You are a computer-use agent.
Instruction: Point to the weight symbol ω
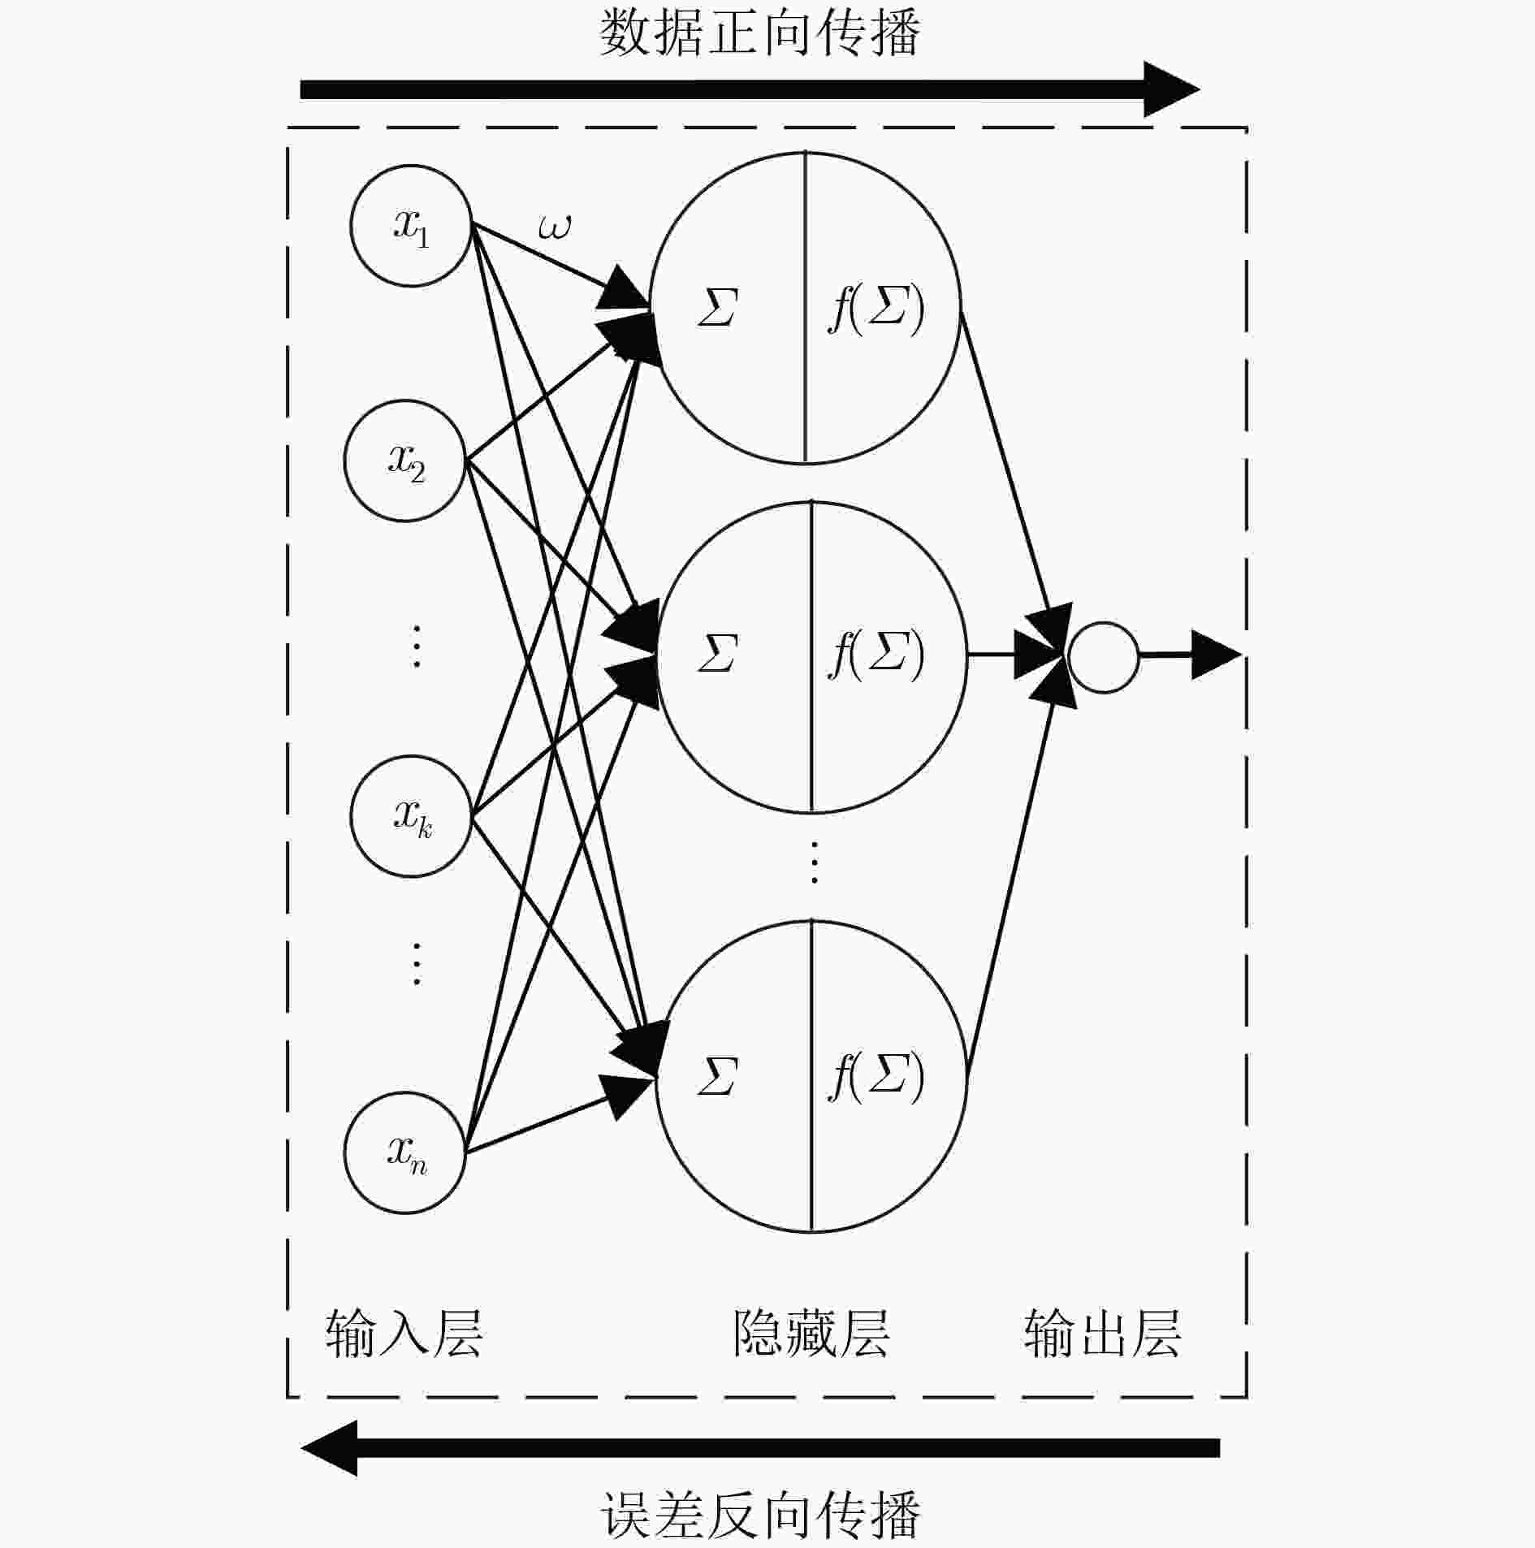tap(555, 227)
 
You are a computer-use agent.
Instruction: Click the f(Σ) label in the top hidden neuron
tap(876, 309)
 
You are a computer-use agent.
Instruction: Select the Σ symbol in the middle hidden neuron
tap(717, 654)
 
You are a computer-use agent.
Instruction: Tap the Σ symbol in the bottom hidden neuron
tap(717, 1077)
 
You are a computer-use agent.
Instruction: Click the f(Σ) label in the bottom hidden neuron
tap(876, 1077)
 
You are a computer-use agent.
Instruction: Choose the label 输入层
tap(404, 1333)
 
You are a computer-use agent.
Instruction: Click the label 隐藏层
tap(811, 1333)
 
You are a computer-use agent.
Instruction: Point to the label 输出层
tap(1102, 1333)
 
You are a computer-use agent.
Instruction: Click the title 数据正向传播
tap(760, 33)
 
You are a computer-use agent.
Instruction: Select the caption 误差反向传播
tap(760, 1516)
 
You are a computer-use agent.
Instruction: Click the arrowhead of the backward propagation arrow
tap(330, 1448)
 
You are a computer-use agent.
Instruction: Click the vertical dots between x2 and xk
tap(417, 646)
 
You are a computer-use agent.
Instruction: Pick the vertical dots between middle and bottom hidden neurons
tap(814, 863)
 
